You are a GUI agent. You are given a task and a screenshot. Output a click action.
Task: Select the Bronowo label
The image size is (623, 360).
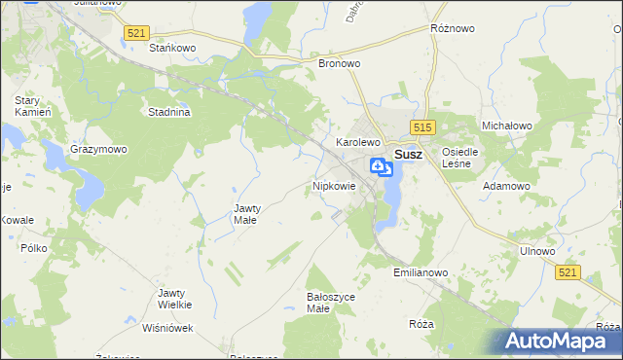(x=340, y=62)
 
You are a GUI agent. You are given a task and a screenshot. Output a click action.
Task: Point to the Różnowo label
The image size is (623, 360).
(x=452, y=29)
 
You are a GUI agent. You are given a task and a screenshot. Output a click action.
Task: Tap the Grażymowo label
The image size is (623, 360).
(x=98, y=150)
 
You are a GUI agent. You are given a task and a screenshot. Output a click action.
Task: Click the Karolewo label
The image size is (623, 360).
(x=356, y=142)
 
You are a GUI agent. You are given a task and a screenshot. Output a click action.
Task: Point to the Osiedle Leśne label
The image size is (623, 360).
(x=459, y=158)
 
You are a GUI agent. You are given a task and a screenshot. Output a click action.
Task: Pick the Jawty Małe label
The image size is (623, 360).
(x=244, y=214)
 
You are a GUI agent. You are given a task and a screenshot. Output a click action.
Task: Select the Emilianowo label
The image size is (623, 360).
(x=421, y=273)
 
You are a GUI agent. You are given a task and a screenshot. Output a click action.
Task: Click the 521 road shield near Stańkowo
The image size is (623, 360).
(x=136, y=33)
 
